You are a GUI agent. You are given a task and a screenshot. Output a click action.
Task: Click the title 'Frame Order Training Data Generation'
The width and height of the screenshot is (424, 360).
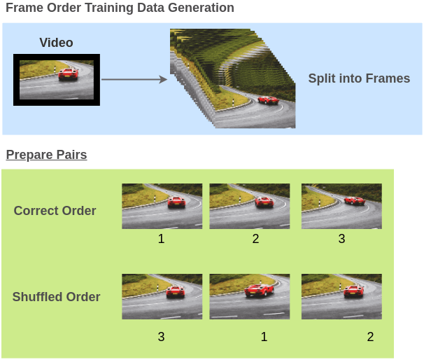[120, 8]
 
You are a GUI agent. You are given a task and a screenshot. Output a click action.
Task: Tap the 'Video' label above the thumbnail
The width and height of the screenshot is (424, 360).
[57, 43]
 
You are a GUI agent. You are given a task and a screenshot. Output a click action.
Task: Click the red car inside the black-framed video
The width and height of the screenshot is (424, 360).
[68, 74]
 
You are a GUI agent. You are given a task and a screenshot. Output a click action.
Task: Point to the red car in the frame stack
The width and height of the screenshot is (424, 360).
[267, 100]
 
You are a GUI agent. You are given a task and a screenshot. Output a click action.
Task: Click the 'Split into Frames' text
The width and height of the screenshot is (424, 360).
[359, 78]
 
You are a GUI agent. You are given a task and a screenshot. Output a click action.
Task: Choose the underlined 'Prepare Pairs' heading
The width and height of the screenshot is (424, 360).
[46, 155]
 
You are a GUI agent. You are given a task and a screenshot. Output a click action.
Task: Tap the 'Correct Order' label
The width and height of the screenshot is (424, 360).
[55, 211]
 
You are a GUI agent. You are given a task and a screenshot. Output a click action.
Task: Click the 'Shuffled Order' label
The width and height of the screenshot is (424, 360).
[56, 297]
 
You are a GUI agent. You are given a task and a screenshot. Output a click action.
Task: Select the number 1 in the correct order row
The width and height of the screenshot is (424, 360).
[161, 240]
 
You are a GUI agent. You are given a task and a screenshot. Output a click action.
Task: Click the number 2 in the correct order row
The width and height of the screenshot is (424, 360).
[255, 240]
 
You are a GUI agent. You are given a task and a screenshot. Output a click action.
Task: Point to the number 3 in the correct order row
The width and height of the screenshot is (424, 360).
[341, 240]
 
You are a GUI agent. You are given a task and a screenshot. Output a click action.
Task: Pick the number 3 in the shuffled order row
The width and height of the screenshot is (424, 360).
[161, 337]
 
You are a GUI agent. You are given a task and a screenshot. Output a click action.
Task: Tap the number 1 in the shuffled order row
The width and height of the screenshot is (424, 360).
[264, 337]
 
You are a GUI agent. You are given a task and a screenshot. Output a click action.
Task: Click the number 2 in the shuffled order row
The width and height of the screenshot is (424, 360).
[370, 337]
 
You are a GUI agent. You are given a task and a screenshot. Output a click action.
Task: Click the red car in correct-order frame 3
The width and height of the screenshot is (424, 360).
[355, 200]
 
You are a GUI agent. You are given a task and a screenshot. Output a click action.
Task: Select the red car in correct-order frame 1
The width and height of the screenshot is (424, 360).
[176, 202]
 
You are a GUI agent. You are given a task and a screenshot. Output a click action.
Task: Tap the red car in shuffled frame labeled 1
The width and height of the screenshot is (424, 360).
[259, 290]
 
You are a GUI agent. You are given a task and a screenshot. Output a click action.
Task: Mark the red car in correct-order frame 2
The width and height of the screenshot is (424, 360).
[264, 202]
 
